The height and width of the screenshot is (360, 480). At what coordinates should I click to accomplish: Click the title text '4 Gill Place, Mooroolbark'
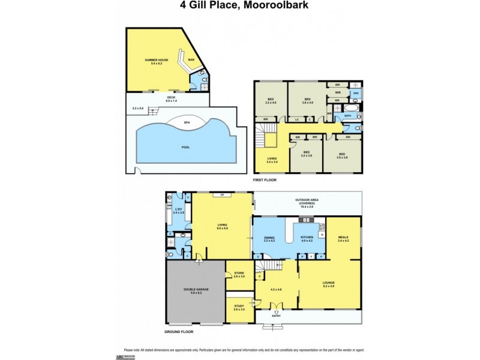(x=239, y=7)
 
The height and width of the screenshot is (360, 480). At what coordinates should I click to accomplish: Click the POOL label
(x=185, y=146)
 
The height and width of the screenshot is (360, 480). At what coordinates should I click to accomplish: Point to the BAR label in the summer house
(x=191, y=59)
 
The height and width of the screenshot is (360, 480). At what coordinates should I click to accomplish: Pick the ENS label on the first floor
(x=355, y=93)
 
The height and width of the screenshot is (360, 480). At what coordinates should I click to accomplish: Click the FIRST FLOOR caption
(x=267, y=179)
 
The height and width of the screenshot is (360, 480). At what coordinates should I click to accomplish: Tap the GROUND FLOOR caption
(x=179, y=331)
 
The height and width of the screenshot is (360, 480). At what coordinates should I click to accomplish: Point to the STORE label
(x=239, y=274)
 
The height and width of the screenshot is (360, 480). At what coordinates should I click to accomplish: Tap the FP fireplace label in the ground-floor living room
(x=222, y=195)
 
